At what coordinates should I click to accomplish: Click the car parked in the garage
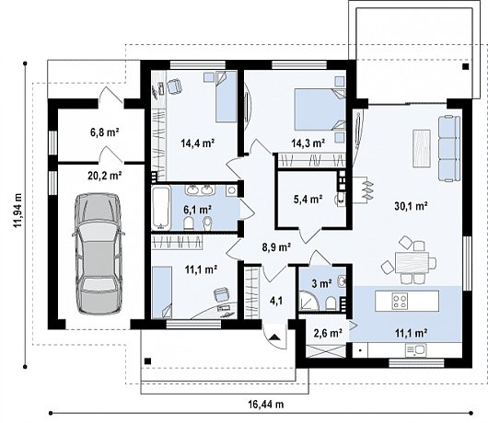pyautogui.click(x=98, y=253)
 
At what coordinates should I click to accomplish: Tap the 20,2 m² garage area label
pyautogui.click(x=105, y=177)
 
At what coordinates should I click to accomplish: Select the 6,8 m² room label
pyautogui.click(x=105, y=132)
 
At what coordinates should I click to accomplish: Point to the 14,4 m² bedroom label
pyautogui.click(x=198, y=143)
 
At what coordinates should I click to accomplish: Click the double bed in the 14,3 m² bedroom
pyautogui.click(x=320, y=109)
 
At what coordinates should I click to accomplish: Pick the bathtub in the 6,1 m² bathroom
pyautogui.click(x=161, y=207)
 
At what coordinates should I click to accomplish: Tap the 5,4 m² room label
pyautogui.click(x=308, y=199)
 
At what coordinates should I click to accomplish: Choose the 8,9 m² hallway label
pyautogui.click(x=276, y=247)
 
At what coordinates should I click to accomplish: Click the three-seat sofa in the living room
pyautogui.click(x=449, y=148)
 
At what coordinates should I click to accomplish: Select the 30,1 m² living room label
pyautogui.click(x=411, y=206)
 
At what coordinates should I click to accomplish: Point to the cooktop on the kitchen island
pyautogui.click(x=400, y=301)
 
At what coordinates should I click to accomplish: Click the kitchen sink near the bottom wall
pyautogui.click(x=415, y=350)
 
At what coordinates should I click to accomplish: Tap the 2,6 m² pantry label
pyautogui.click(x=328, y=334)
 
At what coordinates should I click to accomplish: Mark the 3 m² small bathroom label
pyautogui.click(x=322, y=284)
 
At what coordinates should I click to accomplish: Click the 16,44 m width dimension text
pyautogui.click(x=266, y=405)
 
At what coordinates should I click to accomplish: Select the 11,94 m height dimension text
pyautogui.click(x=17, y=210)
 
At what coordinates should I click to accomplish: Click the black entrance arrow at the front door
pyautogui.click(x=274, y=337)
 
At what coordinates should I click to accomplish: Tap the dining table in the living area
pyautogui.click(x=412, y=262)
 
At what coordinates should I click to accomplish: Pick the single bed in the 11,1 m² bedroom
pyautogui.click(x=162, y=292)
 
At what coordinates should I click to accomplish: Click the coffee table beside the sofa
pyautogui.click(x=422, y=149)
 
